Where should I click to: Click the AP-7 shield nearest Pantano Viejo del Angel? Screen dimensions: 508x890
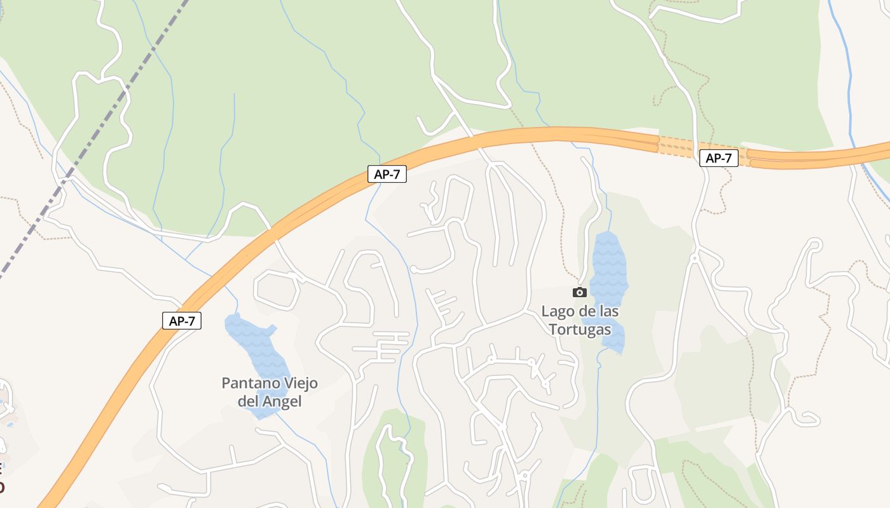click(x=182, y=321)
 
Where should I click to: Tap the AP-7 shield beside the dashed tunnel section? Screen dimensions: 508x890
click(x=718, y=158)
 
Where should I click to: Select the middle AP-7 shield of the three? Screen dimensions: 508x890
click(x=387, y=174)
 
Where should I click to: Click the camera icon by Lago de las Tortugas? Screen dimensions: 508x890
click(x=579, y=292)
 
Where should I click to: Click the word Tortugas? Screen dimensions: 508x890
click(x=580, y=330)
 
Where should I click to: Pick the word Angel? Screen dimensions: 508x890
click(x=281, y=401)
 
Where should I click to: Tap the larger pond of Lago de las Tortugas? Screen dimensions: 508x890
click(x=608, y=267)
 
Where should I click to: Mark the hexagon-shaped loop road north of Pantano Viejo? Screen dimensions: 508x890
click(x=277, y=291)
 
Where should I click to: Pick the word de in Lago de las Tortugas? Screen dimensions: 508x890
click(x=586, y=312)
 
